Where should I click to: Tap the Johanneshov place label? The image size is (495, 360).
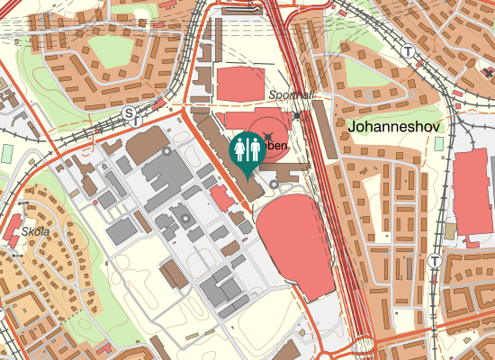[392, 129]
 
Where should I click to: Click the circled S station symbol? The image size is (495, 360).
[130, 113]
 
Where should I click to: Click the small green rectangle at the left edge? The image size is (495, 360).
[7, 154]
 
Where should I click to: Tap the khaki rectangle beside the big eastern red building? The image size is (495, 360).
[450, 231]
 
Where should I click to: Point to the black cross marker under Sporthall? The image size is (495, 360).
[298, 115]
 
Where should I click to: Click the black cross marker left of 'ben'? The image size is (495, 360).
[267, 137]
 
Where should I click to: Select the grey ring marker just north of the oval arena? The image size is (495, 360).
[274, 186]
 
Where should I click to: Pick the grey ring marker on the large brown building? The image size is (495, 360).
[166, 151]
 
